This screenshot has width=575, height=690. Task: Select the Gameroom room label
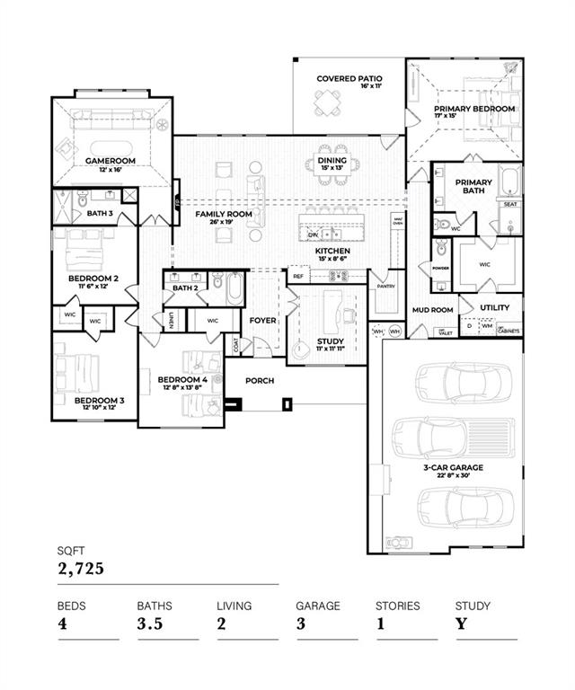point(110,160)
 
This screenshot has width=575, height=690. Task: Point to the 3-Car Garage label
point(454,468)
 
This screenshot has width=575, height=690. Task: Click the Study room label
point(331,341)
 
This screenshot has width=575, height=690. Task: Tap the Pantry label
point(386,287)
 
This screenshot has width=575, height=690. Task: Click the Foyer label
point(262,320)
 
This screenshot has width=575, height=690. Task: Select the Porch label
point(261,381)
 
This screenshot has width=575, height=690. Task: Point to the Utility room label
point(494,308)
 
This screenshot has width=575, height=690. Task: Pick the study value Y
point(460,624)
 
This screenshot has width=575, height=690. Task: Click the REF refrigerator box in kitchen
point(298,278)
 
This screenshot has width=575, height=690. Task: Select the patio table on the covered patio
point(327,106)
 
